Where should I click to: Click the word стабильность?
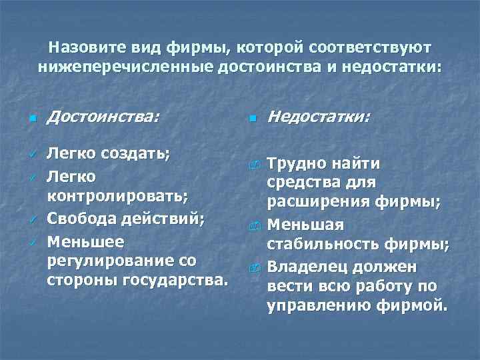tap(318, 247)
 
